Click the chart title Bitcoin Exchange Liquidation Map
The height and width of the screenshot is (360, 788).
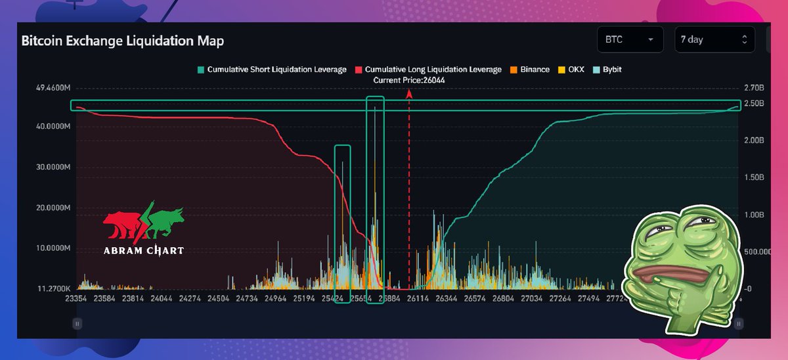click(x=122, y=41)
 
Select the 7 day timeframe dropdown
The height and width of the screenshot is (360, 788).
click(x=714, y=39)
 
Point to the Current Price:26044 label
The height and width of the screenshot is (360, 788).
click(x=408, y=79)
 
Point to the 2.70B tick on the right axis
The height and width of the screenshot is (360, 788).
click(x=753, y=87)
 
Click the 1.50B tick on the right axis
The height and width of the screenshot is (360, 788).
click(x=753, y=177)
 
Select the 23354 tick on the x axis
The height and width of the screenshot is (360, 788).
click(x=77, y=298)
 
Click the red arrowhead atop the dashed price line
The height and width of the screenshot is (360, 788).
click(x=409, y=93)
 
